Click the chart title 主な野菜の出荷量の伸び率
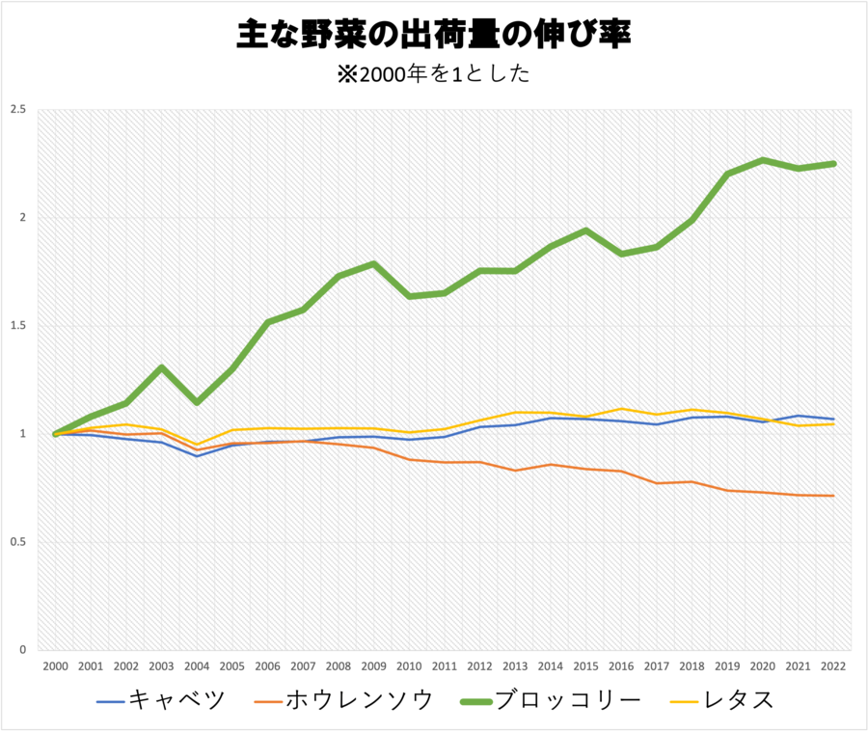(434, 36)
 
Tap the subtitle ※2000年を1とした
(434, 74)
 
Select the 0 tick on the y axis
(22, 650)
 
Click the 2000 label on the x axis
(55, 665)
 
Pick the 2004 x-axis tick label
(197, 665)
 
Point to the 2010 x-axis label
(409, 665)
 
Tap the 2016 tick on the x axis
(621, 665)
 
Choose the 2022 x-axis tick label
(833, 665)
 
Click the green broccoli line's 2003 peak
(161, 367)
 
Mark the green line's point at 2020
(763, 160)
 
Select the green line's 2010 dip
(409, 296)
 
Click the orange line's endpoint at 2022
(833, 496)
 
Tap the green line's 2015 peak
(585, 230)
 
